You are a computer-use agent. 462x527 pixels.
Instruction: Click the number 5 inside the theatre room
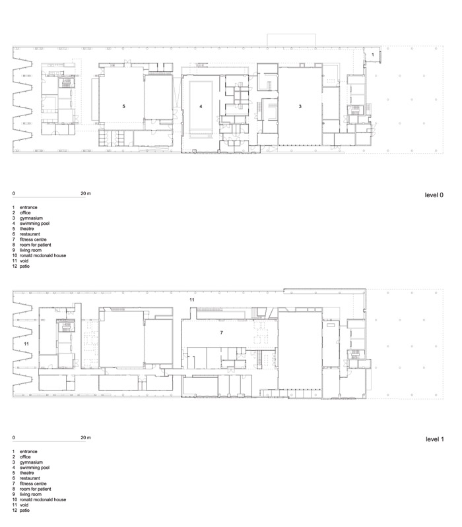point(123,106)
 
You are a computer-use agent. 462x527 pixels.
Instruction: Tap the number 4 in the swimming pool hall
point(201,106)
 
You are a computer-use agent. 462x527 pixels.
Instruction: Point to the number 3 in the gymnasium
point(300,106)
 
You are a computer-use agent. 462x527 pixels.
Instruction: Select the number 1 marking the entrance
point(372,55)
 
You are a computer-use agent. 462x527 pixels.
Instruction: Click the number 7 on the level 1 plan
point(221,332)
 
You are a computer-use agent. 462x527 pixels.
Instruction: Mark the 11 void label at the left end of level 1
point(26,344)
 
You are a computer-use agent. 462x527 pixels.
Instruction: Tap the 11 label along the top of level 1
point(191,299)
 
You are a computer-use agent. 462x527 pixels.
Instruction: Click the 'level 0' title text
point(434,195)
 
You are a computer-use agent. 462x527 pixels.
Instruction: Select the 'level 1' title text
point(435,439)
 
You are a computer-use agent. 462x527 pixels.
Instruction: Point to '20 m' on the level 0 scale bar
point(86,193)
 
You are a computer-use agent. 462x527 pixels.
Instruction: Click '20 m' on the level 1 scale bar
point(86,437)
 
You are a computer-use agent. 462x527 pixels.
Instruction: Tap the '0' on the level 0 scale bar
point(14,193)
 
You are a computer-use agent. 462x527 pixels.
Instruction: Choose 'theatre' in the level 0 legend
point(27,229)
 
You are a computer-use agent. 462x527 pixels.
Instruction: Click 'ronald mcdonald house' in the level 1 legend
point(43,499)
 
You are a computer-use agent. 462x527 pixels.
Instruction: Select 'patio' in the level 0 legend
point(24,266)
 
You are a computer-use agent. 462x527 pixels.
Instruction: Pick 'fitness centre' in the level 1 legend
point(33,483)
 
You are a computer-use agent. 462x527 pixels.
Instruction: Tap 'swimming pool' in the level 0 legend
point(34,224)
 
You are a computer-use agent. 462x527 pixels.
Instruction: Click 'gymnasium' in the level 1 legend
point(31,462)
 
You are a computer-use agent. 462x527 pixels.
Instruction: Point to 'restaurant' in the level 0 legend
point(30,234)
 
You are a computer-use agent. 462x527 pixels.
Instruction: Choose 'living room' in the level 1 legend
point(30,494)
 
